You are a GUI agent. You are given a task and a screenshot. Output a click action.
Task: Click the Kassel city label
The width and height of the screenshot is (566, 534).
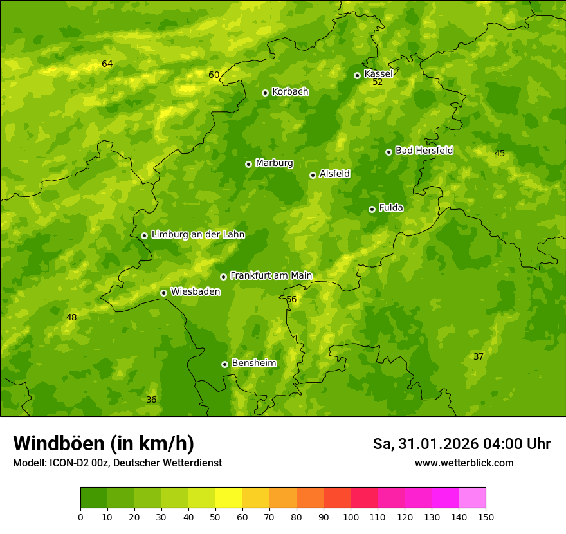378,74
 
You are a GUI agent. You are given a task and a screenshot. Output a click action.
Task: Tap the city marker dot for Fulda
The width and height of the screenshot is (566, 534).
372,209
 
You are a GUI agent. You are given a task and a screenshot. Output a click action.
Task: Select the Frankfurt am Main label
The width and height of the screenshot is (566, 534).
271,275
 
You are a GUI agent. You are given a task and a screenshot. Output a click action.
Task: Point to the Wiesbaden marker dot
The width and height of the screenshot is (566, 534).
163,293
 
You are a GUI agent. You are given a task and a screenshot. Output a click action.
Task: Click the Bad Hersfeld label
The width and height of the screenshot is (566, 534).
424,151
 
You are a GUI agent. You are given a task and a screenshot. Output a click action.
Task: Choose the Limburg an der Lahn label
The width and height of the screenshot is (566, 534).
197,234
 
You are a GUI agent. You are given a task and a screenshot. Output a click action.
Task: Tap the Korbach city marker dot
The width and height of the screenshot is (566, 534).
265,93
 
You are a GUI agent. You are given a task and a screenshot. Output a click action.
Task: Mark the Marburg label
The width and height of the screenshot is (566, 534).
274,163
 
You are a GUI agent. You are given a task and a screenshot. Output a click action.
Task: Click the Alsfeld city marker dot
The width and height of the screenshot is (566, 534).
313,175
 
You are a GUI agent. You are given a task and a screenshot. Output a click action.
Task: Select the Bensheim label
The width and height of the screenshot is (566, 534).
253,363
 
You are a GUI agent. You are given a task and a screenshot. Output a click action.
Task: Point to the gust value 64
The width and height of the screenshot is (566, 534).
107,64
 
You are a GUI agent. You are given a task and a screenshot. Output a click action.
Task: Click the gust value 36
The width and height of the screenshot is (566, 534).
151,400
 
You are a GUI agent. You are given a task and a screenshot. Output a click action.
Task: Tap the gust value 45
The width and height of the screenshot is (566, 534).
500,153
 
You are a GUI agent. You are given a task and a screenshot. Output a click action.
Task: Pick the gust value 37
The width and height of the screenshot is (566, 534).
479,356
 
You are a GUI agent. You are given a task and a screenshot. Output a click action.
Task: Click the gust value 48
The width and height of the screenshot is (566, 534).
71,317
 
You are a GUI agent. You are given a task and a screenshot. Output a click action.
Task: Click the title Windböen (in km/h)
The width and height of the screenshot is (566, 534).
104,443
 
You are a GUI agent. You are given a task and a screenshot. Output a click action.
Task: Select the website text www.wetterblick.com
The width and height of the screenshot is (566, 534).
464,463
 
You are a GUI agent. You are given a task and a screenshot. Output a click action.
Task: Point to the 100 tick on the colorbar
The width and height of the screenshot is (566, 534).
351,517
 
